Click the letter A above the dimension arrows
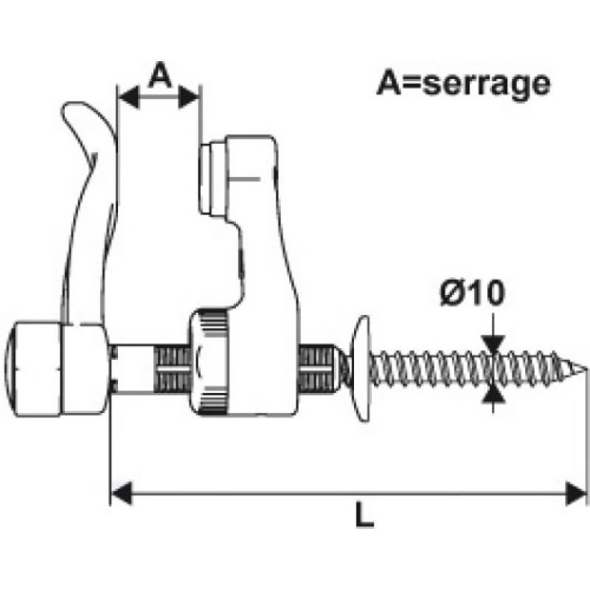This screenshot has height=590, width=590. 160,74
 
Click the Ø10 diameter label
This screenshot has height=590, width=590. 472,292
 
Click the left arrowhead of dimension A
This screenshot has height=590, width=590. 128,97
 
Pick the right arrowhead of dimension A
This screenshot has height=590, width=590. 188,97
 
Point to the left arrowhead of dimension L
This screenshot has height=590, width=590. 121,493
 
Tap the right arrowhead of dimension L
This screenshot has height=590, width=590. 576,493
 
